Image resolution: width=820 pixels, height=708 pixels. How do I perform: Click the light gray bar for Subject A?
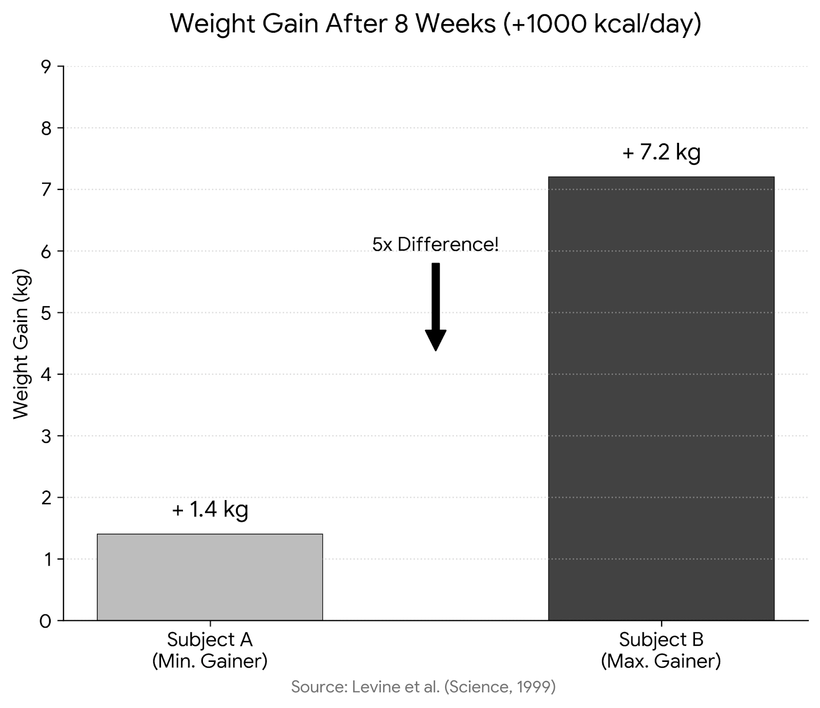[x=210, y=577]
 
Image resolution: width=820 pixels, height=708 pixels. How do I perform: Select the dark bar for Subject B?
[x=661, y=398]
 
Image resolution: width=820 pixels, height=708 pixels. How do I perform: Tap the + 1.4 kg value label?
[x=210, y=509]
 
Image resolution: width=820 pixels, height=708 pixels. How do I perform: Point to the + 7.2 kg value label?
[x=661, y=153]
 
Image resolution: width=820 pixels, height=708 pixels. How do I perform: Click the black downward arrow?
[x=436, y=307]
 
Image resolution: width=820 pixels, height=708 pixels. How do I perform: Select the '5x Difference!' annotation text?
[x=436, y=244]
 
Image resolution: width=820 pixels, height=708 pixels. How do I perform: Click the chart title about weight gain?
[x=436, y=24]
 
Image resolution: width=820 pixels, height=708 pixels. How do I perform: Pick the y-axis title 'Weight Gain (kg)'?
[x=22, y=344]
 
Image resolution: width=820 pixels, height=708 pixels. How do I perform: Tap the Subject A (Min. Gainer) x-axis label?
[x=210, y=650]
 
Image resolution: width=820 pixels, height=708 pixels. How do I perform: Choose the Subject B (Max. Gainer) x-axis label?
[x=661, y=650]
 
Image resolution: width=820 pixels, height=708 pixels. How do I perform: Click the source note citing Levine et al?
[x=423, y=686]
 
